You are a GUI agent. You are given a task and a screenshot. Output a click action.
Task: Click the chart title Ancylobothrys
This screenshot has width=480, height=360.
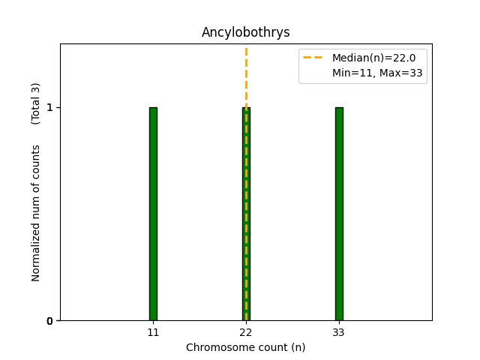click(x=245, y=33)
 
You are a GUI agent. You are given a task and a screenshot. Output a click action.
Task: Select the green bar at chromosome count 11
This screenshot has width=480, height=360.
click(x=153, y=214)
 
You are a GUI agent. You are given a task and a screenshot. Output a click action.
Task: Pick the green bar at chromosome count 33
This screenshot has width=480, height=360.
click(x=339, y=214)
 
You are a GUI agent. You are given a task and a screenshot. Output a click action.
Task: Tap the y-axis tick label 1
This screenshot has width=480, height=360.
click(x=50, y=108)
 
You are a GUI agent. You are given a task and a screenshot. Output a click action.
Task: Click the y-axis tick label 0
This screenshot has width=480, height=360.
click(x=50, y=321)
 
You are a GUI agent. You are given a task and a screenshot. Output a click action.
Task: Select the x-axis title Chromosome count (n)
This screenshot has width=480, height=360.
click(x=245, y=347)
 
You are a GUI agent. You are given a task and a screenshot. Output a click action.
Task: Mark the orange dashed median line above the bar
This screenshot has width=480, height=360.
click(x=246, y=75)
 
